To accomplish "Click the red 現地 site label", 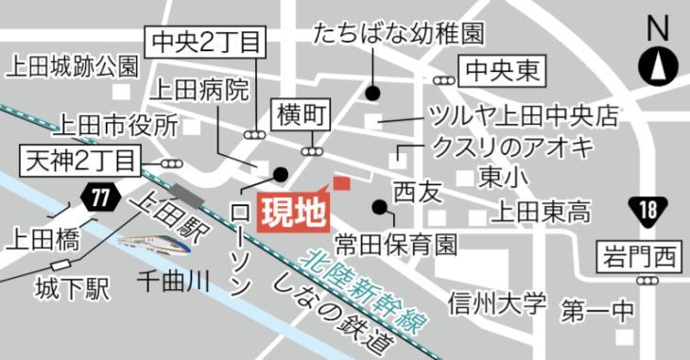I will click(x=292, y=210).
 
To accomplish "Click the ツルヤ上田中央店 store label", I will click(x=521, y=116).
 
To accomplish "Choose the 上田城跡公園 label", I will click(x=73, y=67).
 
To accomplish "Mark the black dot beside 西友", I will click(x=379, y=207).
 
